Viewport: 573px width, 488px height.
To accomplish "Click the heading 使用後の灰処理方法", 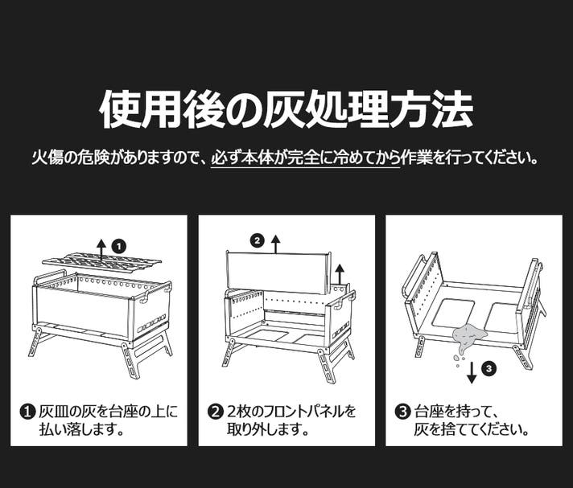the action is click(286, 109).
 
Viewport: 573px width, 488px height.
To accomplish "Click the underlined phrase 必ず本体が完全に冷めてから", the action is click(306, 158).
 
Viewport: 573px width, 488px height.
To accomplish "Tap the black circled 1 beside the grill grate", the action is click(118, 247).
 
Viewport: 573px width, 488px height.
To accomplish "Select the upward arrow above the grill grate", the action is click(101, 249).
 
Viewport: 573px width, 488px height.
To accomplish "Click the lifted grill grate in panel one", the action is click(101, 262).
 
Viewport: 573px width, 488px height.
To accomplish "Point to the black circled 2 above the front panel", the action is click(257, 240).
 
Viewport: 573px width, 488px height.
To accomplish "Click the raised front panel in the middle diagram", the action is click(278, 272).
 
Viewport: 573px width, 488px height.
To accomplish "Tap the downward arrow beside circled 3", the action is click(472, 371).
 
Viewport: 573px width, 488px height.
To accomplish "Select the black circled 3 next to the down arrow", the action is click(489, 369).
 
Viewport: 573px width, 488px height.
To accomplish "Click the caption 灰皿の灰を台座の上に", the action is click(108, 412).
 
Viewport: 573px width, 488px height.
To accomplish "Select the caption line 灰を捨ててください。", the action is click(472, 429).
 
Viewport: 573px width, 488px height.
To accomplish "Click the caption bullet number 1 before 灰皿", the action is click(27, 412).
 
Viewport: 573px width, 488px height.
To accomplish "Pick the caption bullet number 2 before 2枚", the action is click(215, 412).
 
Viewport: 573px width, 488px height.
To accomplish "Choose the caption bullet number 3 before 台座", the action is click(402, 412).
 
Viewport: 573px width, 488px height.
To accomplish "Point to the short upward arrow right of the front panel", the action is click(340, 274).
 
